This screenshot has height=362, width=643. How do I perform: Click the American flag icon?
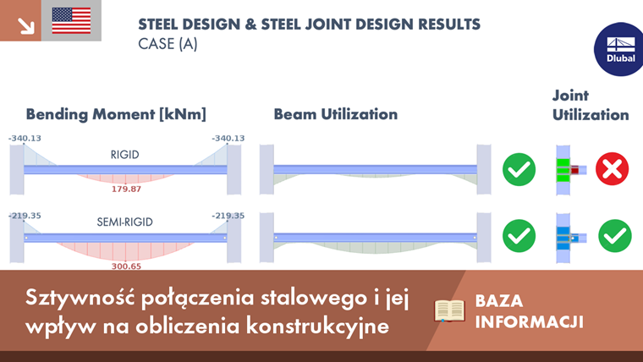coord(71,20)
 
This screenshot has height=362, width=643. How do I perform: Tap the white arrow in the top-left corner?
coord(25,25)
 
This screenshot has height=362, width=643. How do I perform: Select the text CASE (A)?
coord(168,44)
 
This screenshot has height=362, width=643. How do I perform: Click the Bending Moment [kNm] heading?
coord(116,114)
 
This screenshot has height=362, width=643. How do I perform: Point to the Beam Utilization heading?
coord(335,114)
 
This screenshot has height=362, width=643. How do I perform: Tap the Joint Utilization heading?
coord(591,105)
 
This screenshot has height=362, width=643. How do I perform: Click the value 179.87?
coord(126,189)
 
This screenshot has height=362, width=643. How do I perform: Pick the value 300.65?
coord(126,266)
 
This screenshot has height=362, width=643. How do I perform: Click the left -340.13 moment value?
coord(25,138)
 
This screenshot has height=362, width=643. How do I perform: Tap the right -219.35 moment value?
coord(228,216)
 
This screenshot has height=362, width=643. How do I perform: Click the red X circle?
coord(612,169)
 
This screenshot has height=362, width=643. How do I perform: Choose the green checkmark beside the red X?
coord(519,169)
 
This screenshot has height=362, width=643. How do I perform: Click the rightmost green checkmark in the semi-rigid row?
coord(614,236)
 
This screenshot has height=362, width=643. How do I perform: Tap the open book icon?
coord(449,311)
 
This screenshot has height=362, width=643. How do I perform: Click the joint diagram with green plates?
coord(565,170)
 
